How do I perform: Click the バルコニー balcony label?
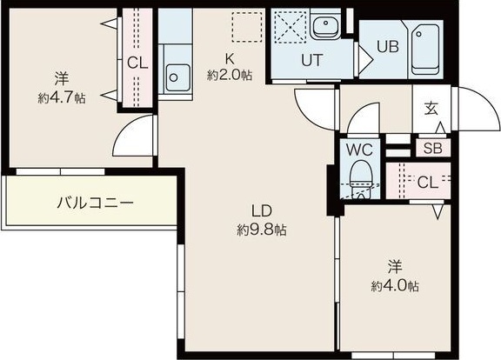pos(95,203)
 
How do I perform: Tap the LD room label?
pos(262,211)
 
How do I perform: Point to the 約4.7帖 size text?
pos(60,98)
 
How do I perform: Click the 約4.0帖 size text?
pos(394,286)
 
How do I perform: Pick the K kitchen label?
pos(230,59)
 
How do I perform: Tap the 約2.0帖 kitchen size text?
pos(230,76)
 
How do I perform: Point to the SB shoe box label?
pos(432,148)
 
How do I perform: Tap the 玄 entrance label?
pos(431,109)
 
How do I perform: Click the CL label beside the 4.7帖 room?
pos(137,62)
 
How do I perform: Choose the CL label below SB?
pos(426,182)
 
